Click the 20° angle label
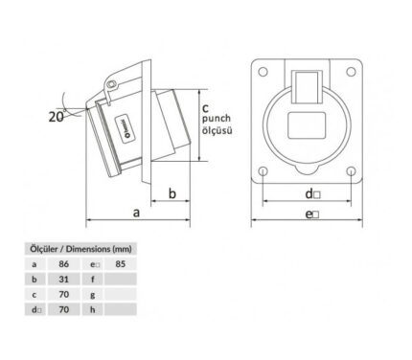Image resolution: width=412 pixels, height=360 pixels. (57, 117)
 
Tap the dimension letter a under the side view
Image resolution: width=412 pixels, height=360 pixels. (136, 213)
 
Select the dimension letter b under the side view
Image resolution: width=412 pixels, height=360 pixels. (172, 193)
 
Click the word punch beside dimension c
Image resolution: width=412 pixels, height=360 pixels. (217, 119)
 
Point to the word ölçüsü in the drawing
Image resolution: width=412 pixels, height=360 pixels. (217, 130)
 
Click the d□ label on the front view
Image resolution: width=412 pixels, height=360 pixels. (312, 193)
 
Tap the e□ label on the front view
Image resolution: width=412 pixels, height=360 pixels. (312, 214)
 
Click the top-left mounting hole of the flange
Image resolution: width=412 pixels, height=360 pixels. (263, 72)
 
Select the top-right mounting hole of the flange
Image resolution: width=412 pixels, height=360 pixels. (351, 72)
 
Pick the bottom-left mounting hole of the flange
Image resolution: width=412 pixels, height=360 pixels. (263, 171)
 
